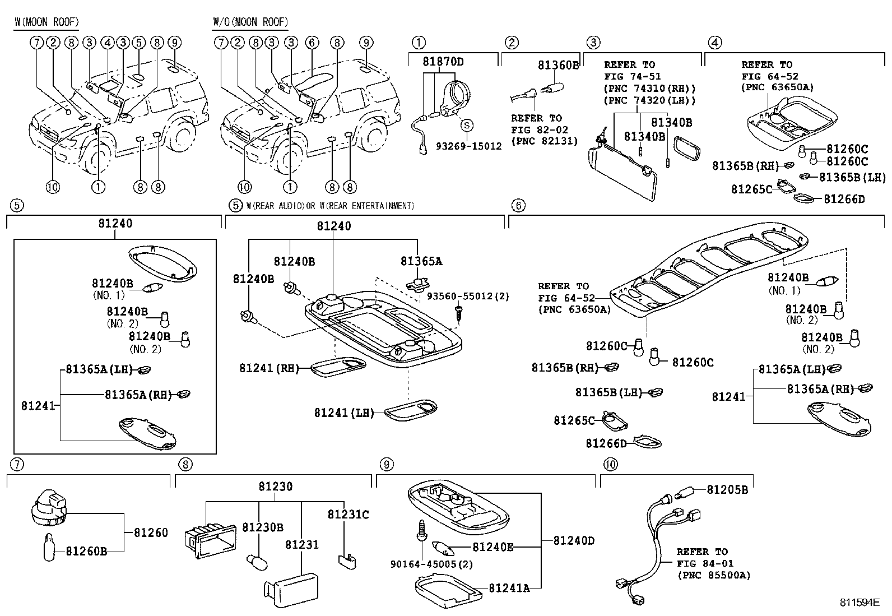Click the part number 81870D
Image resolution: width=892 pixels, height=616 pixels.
(x=443, y=62)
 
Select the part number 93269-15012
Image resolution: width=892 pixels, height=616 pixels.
(x=469, y=146)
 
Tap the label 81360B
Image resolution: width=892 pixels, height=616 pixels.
(x=558, y=65)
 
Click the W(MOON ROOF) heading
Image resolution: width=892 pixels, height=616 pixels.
(x=47, y=22)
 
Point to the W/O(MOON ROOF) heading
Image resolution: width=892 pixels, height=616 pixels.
(x=250, y=22)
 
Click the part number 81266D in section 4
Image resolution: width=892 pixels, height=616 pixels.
(x=844, y=199)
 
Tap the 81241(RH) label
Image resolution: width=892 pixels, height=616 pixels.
(x=266, y=368)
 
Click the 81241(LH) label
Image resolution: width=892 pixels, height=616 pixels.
(x=343, y=413)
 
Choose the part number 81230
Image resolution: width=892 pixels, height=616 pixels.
(x=275, y=487)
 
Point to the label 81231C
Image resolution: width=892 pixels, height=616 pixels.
(x=348, y=515)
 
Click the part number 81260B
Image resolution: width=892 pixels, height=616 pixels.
(x=86, y=551)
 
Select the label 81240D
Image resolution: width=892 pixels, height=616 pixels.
(x=574, y=541)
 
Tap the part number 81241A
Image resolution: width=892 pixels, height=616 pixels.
(x=509, y=588)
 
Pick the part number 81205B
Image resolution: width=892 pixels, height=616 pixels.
(x=727, y=490)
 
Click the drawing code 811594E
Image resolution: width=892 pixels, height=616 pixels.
(x=859, y=603)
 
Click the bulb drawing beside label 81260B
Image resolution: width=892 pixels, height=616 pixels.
(x=49, y=547)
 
